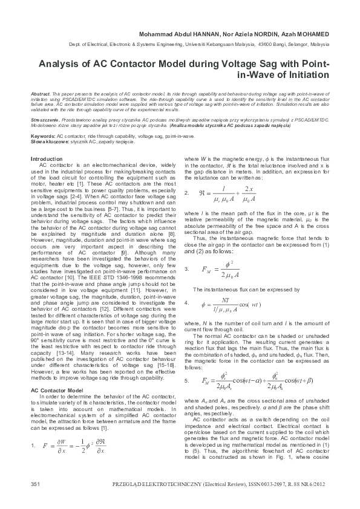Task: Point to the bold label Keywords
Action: (x=42, y=137)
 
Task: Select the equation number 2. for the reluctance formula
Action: (x=186, y=193)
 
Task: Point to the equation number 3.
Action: (x=186, y=268)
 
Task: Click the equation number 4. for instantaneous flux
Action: (x=186, y=302)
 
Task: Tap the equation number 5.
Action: (x=186, y=381)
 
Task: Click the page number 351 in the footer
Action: (x=35, y=485)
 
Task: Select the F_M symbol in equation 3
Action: (x=208, y=268)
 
